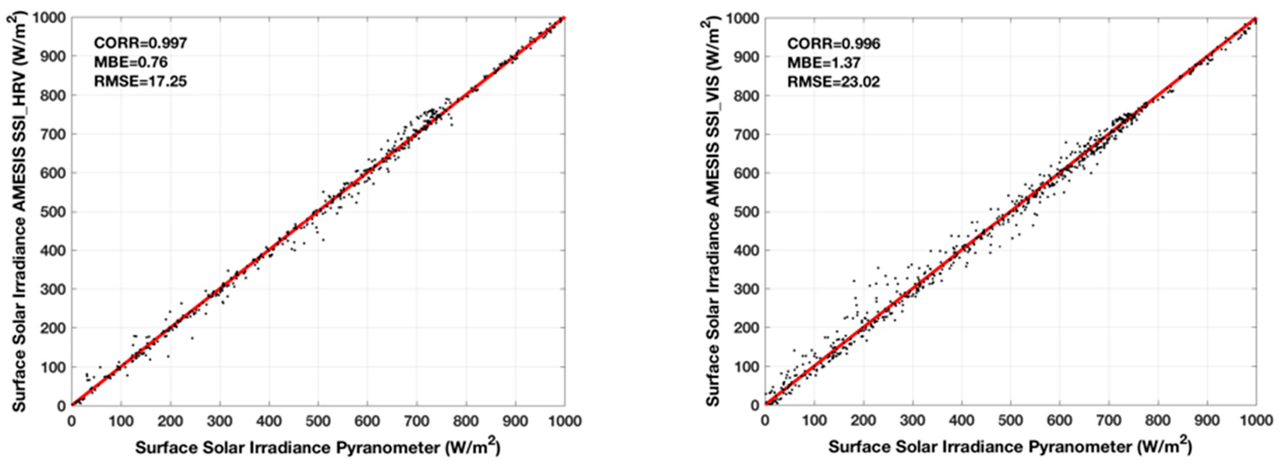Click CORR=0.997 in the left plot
tap(141, 43)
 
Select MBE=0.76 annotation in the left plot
tap(130, 62)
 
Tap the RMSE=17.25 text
tap(141, 81)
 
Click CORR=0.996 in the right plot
tap(834, 44)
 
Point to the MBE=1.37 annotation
tap(824, 63)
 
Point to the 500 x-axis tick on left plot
tap(318, 421)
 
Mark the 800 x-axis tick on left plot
tap(466, 421)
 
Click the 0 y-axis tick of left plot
tap(61, 406)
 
